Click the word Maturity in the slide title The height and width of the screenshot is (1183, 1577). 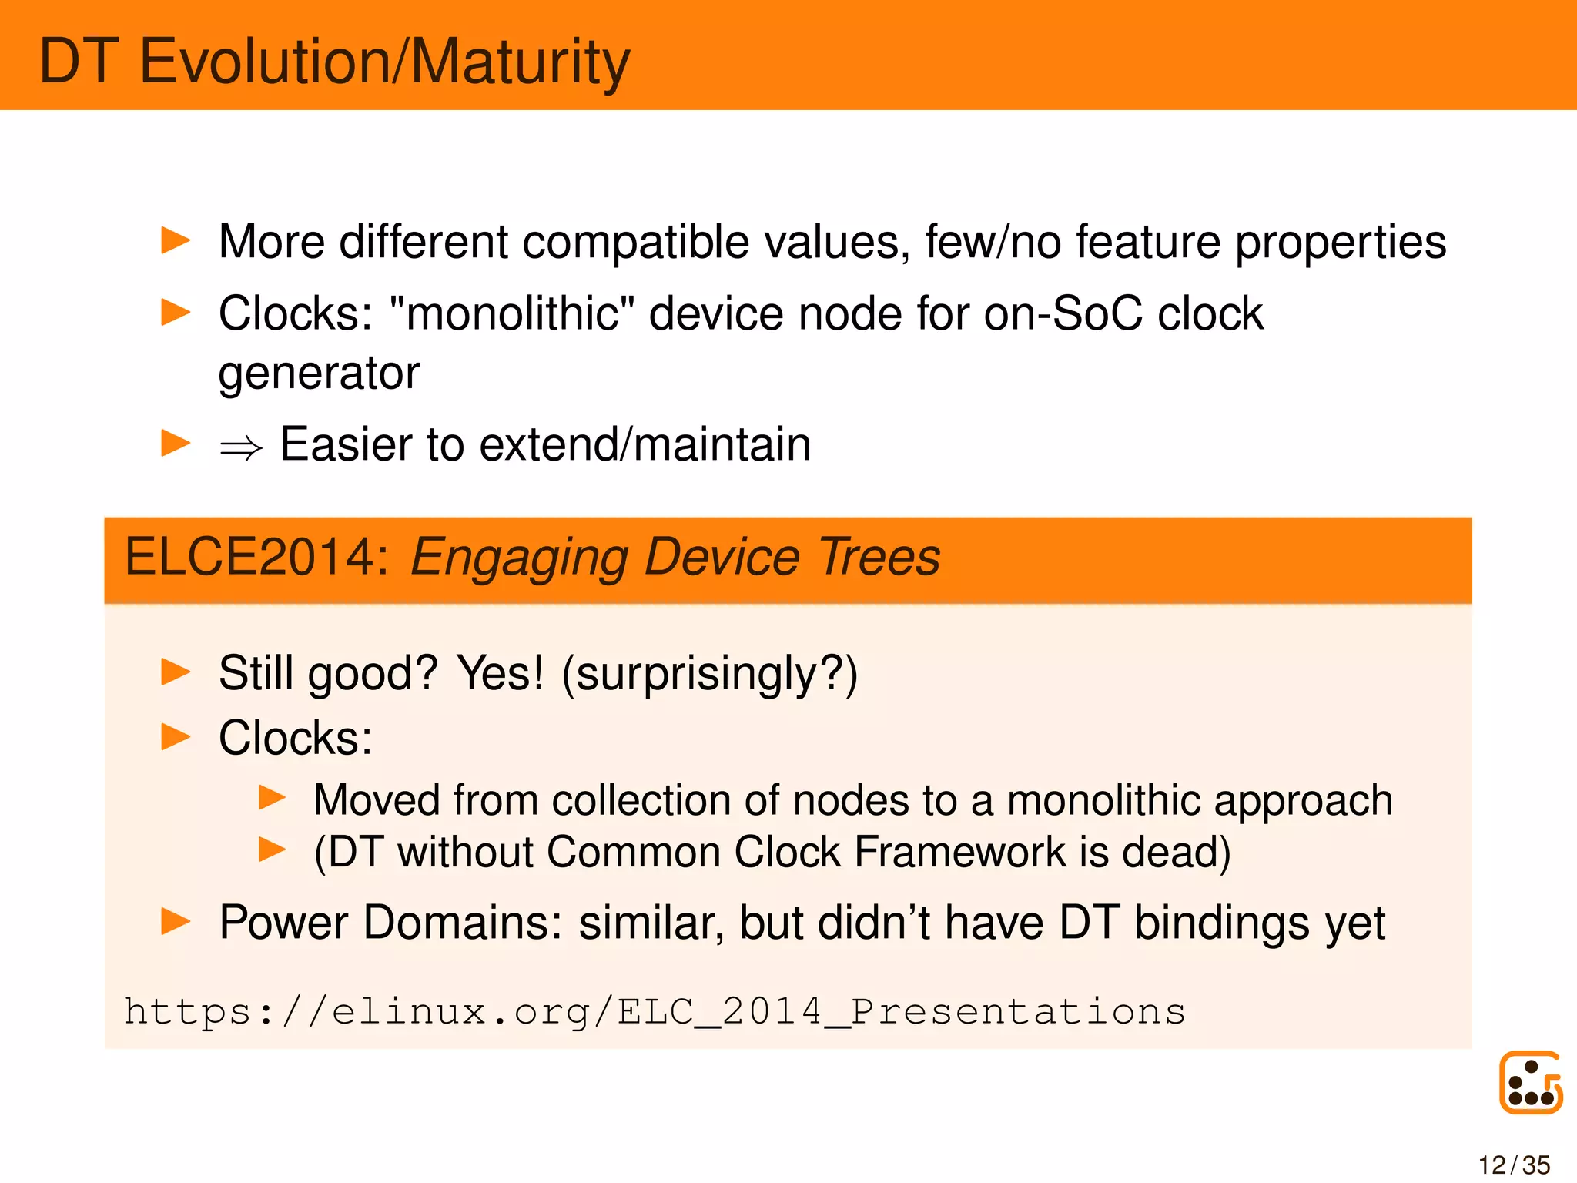pyautogui.click(x=521, y=62)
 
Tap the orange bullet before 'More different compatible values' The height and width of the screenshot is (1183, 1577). pyautogui.click(x=176, y=241)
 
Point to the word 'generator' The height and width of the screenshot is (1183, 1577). pyautogui.click(x=319, y=374)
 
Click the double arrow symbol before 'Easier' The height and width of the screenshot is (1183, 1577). pyautogui.click(x=240, y=447)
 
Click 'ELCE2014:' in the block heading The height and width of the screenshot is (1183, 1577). pyautogui.click(x=257, y=558)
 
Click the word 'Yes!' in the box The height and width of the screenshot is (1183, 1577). pyautogui.click(x=500, y=673)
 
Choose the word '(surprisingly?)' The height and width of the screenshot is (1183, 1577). pyautogui.click(x=709, y=675)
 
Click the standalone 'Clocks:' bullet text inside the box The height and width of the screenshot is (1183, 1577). pyautogui.click(x=296, y=739)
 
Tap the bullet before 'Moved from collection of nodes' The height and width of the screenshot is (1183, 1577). pyautogui.click(x=273, y=798)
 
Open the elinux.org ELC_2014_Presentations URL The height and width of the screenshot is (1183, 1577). pyautogui.click(x=655, y=1012)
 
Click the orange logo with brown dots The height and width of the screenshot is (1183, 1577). pyautogui.click(x=1530, y=1083)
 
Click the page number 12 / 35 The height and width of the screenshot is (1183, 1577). pyautogui.click(x=1513, y=1165)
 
